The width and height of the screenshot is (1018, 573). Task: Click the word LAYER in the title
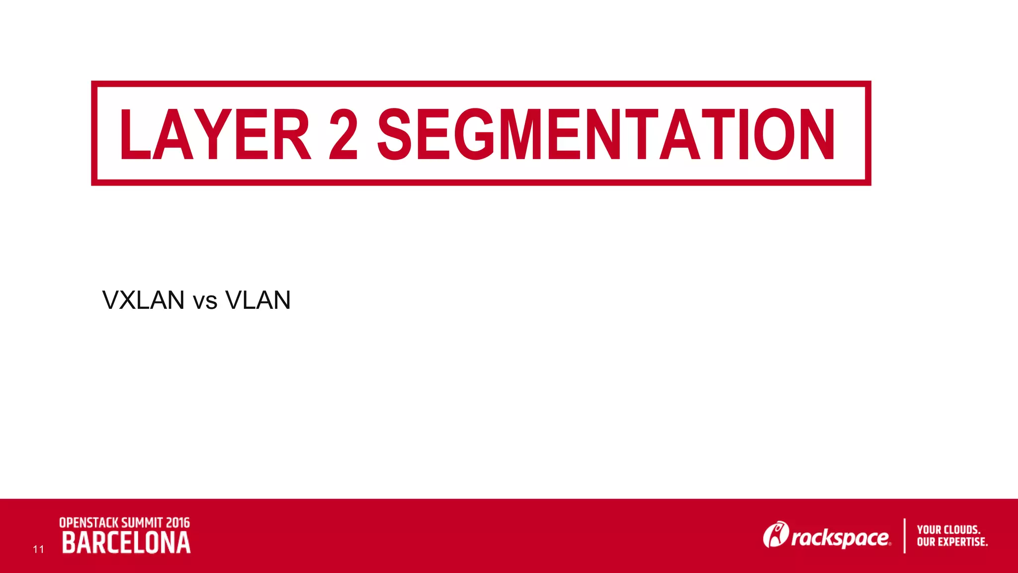215,134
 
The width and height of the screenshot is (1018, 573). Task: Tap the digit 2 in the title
343,134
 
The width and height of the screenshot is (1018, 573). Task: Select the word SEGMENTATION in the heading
606,134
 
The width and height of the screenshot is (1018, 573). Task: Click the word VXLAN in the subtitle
143,300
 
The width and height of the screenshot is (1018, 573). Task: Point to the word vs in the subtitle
205,301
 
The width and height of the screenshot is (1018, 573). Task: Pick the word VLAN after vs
257,300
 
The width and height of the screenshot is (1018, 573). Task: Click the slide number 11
38,549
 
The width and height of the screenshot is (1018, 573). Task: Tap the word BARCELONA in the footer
126,543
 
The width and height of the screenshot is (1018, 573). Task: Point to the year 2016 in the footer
178,523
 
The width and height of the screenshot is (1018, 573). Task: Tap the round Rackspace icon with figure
775,535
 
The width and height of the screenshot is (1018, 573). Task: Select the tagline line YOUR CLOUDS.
948,530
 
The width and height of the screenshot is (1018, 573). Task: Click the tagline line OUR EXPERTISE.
952,542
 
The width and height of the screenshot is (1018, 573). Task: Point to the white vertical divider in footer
904,536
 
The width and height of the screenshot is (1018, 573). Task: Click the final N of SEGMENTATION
816,134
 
